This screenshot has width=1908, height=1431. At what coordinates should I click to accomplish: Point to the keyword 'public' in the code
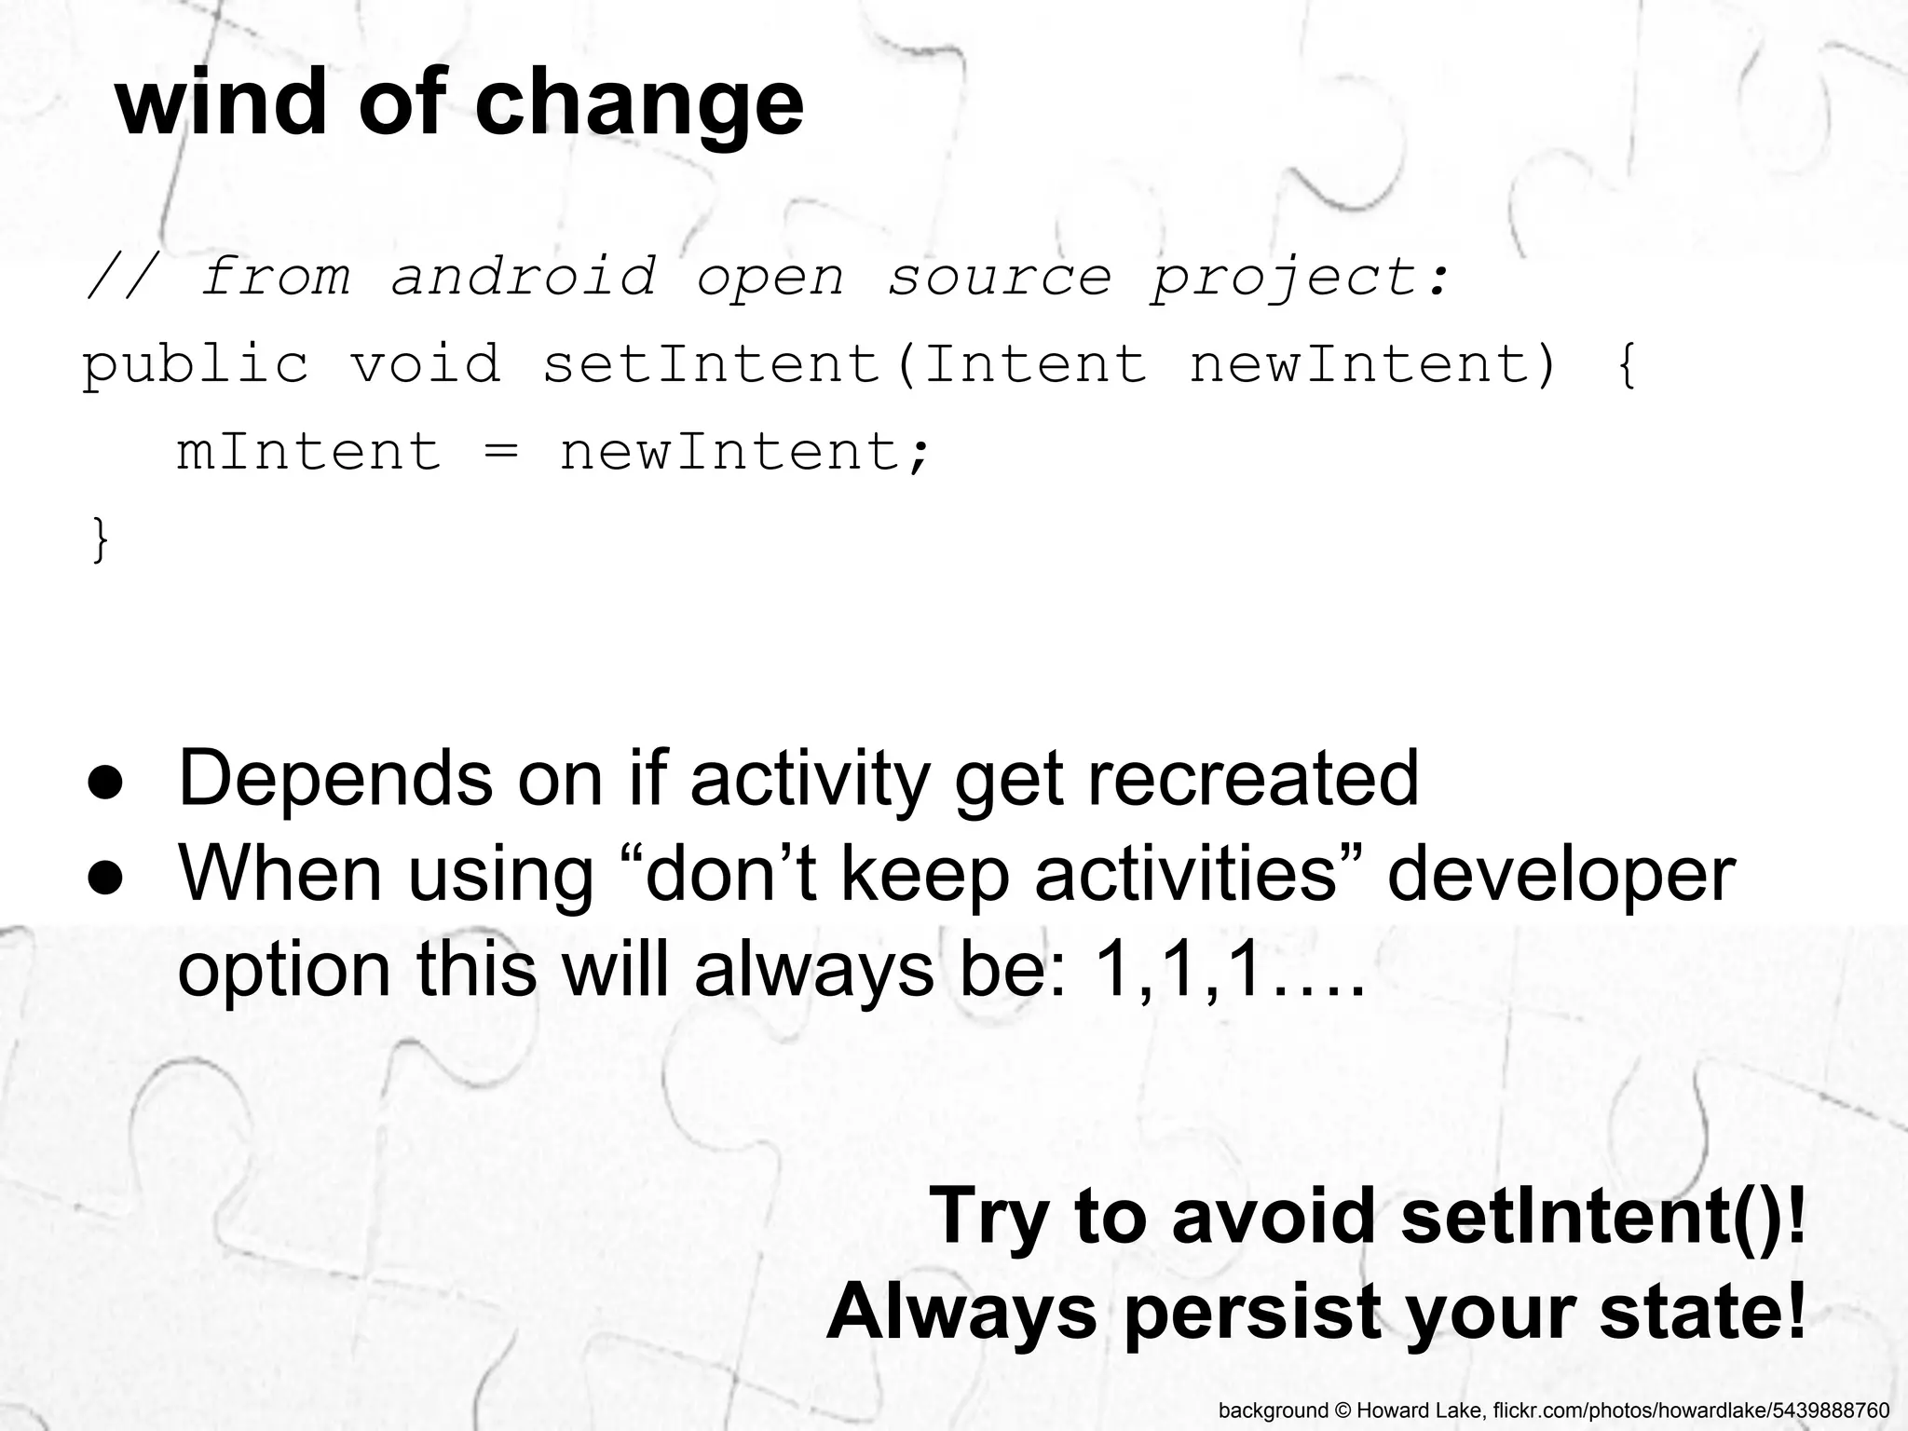[196, 363]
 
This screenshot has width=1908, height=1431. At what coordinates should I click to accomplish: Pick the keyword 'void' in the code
[426, 363]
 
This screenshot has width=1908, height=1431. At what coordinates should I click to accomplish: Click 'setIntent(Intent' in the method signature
[844, 363]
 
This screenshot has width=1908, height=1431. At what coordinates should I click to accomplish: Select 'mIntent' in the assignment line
[309, 451]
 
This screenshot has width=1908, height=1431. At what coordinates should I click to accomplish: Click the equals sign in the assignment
[500, 453]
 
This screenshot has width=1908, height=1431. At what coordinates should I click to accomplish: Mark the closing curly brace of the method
[100, 539]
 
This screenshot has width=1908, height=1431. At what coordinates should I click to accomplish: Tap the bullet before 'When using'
[106, 879]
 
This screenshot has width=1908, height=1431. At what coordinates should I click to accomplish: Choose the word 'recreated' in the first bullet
[1253, 778]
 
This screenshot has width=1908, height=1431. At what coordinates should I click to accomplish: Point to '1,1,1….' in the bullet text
[1230, 971]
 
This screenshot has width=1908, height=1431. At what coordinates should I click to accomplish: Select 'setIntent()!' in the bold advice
[1602, 1215]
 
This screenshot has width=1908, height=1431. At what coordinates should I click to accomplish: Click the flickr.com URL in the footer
[1690, 1411]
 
